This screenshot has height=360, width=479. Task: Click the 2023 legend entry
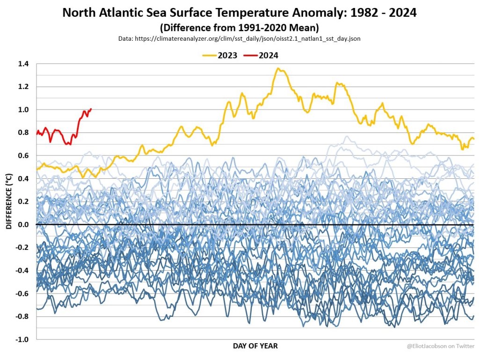pyautogui.click(x=220, y=55)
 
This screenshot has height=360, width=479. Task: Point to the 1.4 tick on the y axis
pyautogui.click(x=23, y=64)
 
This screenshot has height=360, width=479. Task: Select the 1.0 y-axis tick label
pyautogui.click(x=23, y=110)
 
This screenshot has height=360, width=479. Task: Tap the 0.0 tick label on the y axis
pyautogui.click(x=23, y=225)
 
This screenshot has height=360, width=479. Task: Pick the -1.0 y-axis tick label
pyautogui.click(x=22, y=339)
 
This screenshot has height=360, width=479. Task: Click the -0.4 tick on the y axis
pyautogui.click(x=22, y=271)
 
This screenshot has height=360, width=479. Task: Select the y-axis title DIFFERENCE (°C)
pyautogui.click(x=9, y=201)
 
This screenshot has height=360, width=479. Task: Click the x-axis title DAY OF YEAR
pyautogui.click(x=255, y=346)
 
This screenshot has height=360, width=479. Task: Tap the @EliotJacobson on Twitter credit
pyautogui.click(x=440, y=346)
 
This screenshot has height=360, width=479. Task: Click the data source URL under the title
pyautogui.click(x=239, y=38)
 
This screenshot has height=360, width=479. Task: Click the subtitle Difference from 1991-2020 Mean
pyautogui.click(x=239, y=27)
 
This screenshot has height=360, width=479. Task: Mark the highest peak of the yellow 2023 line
pyautogui.click(x=278, y=68)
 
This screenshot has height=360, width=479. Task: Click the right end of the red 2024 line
pyautogui.click(x=91, y=109)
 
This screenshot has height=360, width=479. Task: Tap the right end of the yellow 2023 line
pyautogui.click(x=474, y=139)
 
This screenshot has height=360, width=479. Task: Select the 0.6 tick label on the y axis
pyautogui.click(x=23, y=155)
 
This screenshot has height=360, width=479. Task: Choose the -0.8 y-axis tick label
pyautogui.click(x=22, y=316)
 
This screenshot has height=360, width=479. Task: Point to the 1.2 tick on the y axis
pyautogui.click(x=23, y=87)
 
